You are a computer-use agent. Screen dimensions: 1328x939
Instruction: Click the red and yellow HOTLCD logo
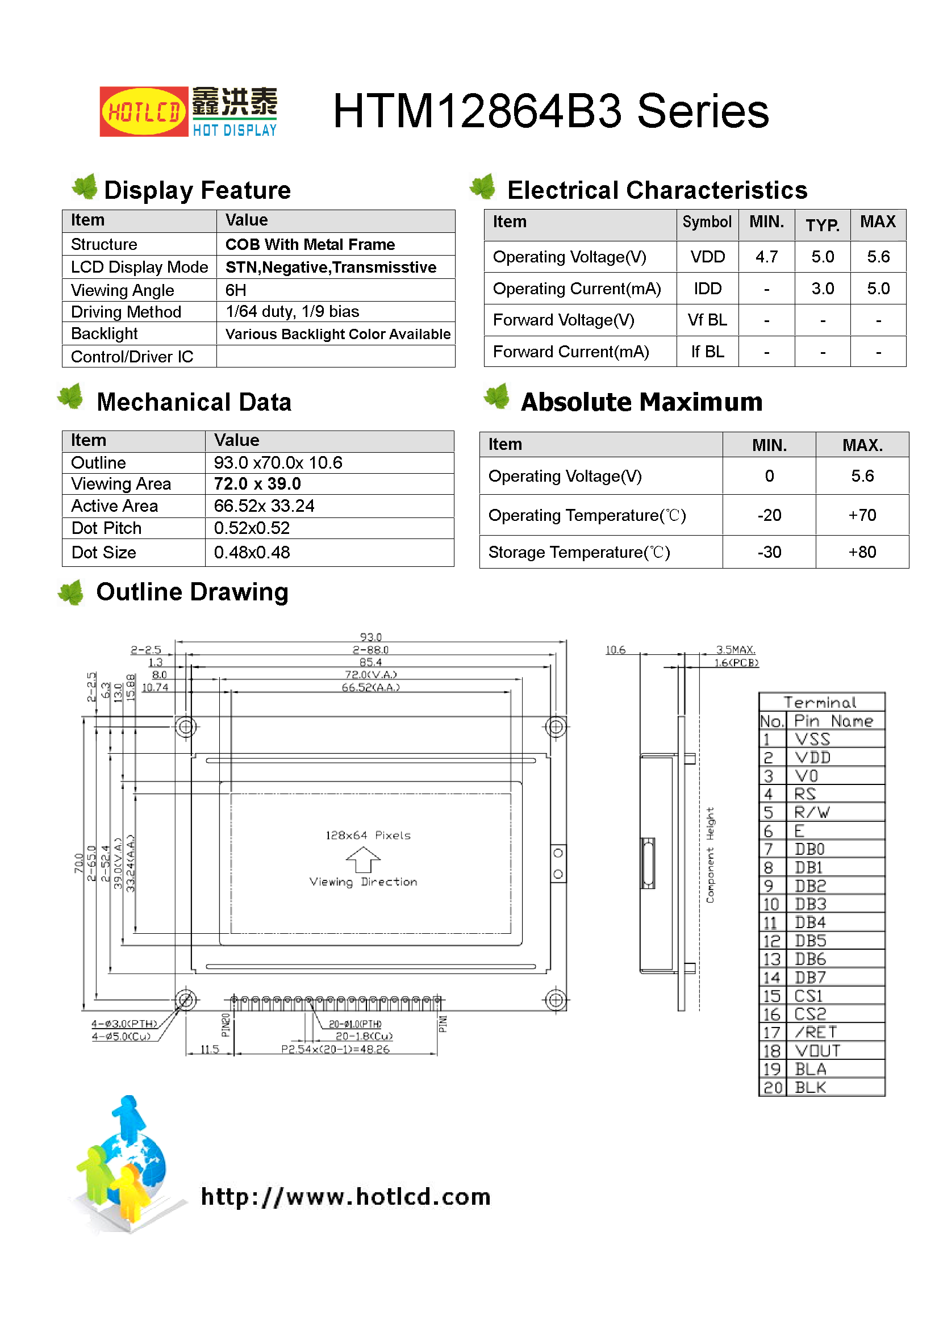click(x=144, y=111)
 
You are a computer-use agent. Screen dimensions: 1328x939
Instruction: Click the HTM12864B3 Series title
click(x=550, y=111)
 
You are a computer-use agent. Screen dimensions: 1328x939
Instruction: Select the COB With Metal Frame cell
click(x=310, y=245)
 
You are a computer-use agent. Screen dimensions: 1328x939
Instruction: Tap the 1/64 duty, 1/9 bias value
click(x=292, y=312)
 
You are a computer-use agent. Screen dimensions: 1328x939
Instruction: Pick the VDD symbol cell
click(x=707, y=257)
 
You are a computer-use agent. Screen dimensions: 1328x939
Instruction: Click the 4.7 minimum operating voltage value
click(x=766, y=257)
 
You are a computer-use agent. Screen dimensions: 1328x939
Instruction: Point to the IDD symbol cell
click(x=707, y=289)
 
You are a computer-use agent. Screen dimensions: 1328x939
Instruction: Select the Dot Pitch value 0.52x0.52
click(x=252, y=528)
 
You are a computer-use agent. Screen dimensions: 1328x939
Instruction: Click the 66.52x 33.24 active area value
click(x=264, y=506)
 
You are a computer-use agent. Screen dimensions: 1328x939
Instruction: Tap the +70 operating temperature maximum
click(x=862, y=515)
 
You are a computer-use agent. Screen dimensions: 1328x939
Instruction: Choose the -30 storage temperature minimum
click(x=769, y=552)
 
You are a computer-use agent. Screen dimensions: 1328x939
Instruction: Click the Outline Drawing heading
click(x=192, y=592)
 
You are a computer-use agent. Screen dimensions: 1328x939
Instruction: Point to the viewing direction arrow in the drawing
click(x=363, y=859)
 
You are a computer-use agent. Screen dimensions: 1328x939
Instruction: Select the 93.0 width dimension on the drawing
click(x=370, y=637)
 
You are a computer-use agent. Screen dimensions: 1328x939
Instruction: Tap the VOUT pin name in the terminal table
click(x=817, y=1050)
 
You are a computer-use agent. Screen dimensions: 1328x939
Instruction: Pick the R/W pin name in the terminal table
click(x=812, y=812)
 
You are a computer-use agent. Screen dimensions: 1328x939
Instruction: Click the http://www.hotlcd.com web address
click(x=345, y=1196)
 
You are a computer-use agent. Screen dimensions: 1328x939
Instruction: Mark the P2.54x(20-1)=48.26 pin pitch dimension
click(x=335, y=1049)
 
